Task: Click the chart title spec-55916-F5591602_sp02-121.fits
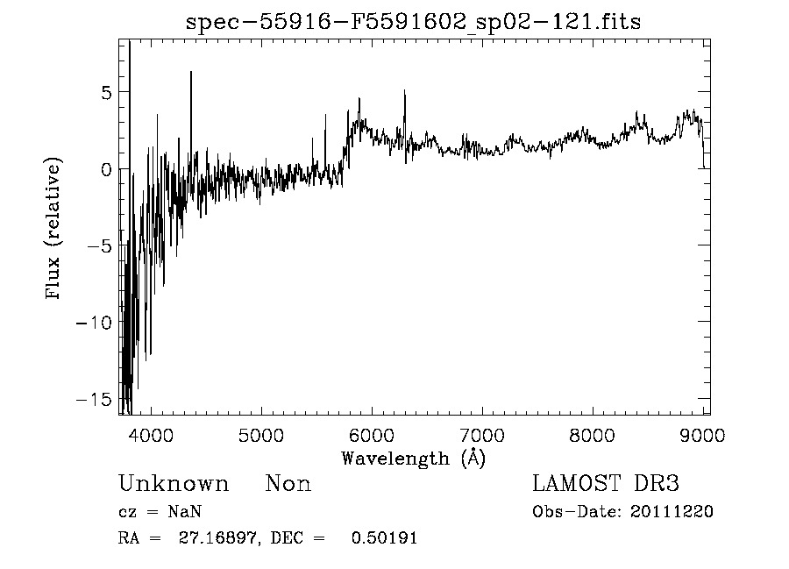tap(413, 22)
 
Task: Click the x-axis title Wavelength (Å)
tap(413, 458)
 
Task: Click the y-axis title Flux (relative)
tap(54, 230)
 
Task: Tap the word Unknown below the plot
tap(174, 484)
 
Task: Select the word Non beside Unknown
tap(288, 484)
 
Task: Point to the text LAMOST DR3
tap(605, 484)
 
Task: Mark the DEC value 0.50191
tap(384, 538)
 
